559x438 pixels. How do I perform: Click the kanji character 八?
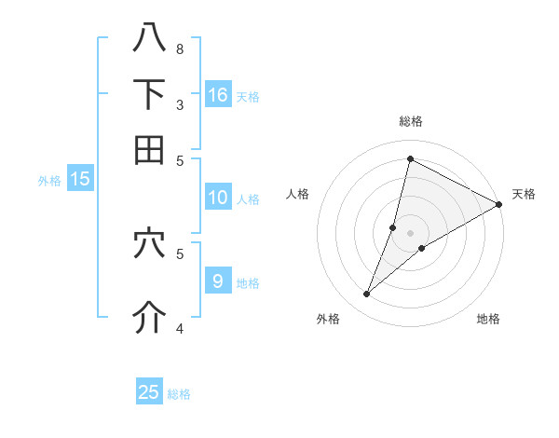click(150, 37)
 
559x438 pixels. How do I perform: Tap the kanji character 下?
click(150, 94)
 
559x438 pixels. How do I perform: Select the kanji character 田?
click(150, 149)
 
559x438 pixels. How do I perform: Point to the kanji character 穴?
click(150, 243)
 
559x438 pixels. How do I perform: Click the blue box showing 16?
click(218, 95)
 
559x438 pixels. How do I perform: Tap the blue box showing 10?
click(218, 198)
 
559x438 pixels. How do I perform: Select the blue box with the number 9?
click(218, 281)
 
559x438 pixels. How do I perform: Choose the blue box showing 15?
click(79, 180)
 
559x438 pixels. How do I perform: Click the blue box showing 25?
click(149, 392)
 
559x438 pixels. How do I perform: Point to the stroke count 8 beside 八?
click(180, 48)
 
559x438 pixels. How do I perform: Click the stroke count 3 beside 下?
click(180, 104)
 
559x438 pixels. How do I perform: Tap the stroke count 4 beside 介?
click(180, 328)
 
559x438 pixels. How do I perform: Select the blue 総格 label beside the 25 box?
click(179, 394)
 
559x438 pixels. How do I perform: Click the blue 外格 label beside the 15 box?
click(49, 182)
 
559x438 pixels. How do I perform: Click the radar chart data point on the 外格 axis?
click(367, 294)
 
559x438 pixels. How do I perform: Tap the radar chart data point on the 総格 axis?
click(410, 158)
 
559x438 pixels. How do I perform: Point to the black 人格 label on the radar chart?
click(298, 194)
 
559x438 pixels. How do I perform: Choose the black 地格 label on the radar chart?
click(488, 320)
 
